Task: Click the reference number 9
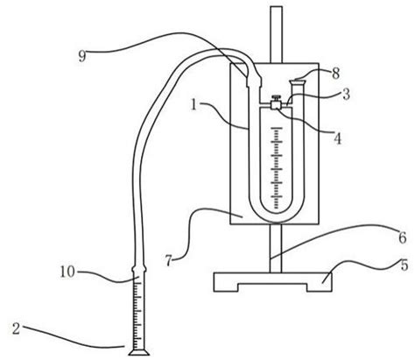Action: [x=82, y=56]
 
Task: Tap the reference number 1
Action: [x=194, y=104]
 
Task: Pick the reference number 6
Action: [x=403, y=237]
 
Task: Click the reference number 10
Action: [x=67, y=272]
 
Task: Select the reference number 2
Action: [x=16, y=329]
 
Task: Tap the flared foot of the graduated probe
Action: [x=139, y=352]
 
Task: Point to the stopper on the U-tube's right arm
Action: [x=297, y=81]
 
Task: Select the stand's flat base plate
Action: [x=272, y=282]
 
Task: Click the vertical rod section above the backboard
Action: [x=276, y=34]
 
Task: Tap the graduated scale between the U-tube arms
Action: [x=276, y=168]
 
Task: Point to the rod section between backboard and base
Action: [x=276, y=249]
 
